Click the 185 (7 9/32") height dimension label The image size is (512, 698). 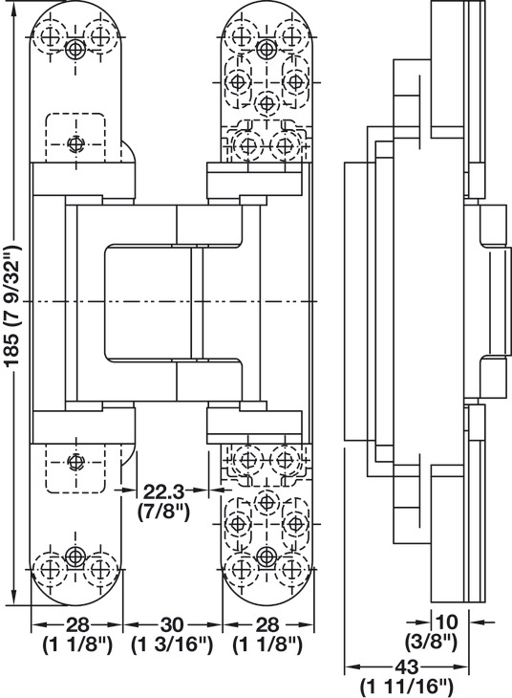[13, 306]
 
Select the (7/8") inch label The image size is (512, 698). [163, 513]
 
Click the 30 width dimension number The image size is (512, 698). [171, 625]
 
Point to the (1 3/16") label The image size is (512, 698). [172, 645]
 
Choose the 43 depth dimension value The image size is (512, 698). [407, 666]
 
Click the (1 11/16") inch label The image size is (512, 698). [407, 687]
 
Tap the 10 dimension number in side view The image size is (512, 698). [446, 622]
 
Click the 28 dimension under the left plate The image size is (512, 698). [77, 625]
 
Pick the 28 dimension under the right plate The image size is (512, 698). [267, 625]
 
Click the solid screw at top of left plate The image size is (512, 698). [75, 49]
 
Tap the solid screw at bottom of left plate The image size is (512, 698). [75, 556]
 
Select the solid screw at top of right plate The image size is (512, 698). [266, 48]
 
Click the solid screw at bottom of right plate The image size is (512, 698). [266, 556]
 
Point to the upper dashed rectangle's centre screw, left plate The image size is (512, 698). [75, 143]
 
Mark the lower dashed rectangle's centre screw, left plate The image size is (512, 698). [75, 461]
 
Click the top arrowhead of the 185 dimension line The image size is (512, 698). [14, 8]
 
